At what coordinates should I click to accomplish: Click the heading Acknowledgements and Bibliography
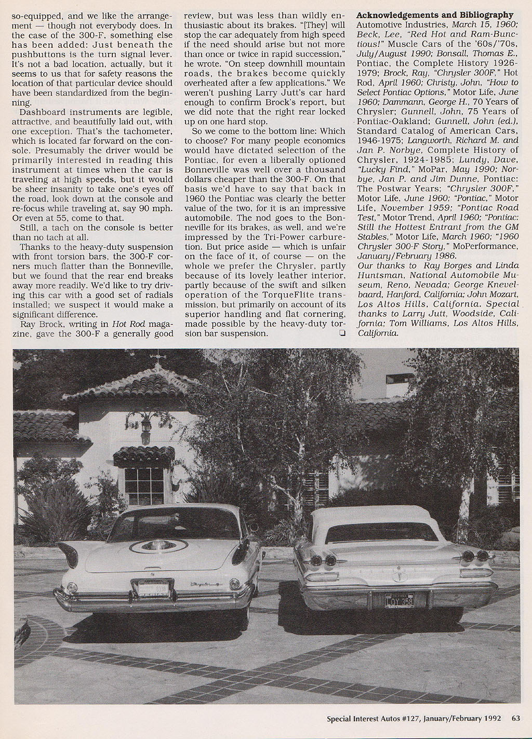(434, 15)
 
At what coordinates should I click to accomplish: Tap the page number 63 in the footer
(515, 719)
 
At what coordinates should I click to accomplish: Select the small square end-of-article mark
(342, 334)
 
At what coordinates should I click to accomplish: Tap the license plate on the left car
(152, 588)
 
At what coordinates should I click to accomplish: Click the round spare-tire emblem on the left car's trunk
(159, 546)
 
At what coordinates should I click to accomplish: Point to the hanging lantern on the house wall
(146, 426)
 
